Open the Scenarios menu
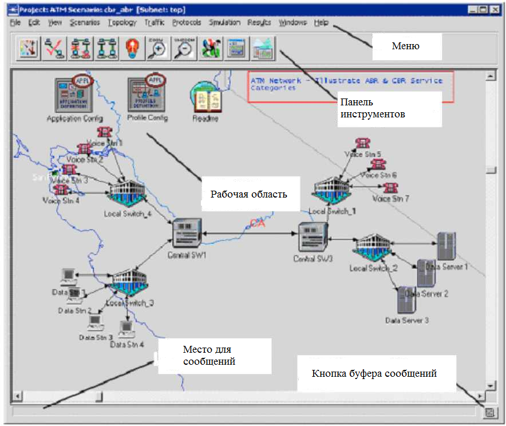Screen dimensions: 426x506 point(84,22)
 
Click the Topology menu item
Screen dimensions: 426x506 point(122,22)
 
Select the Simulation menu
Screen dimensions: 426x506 point(224,22)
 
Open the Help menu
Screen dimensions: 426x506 point(321,22)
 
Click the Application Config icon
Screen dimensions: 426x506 point(75,94)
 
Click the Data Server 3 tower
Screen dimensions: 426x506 point(406,299)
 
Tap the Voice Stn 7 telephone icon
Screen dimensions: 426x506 point(391,187)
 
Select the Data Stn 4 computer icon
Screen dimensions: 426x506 point(126,329)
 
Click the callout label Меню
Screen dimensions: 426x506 point(406,46)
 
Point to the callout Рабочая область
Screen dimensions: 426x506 point(248,194)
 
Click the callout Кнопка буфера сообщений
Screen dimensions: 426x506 point(374,373)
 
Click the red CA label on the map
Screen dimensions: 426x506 point(258,223)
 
